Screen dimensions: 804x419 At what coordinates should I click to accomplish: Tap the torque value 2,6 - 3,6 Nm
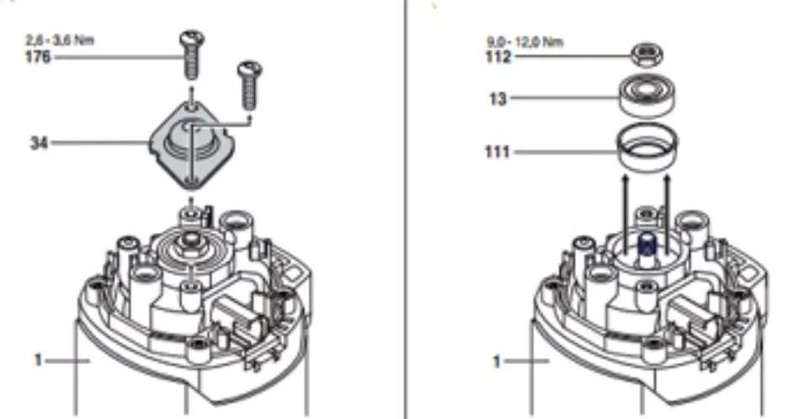point(60,40)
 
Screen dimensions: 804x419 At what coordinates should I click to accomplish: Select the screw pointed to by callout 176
point(191,55)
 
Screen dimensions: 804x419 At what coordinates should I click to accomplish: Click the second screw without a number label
point(250,85)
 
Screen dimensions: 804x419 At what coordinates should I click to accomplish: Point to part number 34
point(39,142)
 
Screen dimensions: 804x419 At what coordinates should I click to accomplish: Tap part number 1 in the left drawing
point(37,360)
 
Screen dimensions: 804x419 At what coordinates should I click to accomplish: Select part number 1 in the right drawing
point(496,361)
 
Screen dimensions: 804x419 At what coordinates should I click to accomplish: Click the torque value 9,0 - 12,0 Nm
point(524,41)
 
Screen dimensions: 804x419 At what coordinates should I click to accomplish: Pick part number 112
point(498,56)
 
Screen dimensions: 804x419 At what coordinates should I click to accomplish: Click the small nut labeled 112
point(647,55)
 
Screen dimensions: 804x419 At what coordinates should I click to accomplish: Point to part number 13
point(498,98)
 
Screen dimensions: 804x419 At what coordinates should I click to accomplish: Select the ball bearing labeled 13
point(647,96)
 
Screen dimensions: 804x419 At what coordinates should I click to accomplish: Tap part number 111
point(498,152)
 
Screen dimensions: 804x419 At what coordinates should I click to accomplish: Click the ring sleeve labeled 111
point(647,147)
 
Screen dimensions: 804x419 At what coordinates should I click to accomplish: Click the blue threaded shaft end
point(647,245)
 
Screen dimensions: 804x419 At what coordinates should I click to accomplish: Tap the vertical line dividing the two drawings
point(405,209)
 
